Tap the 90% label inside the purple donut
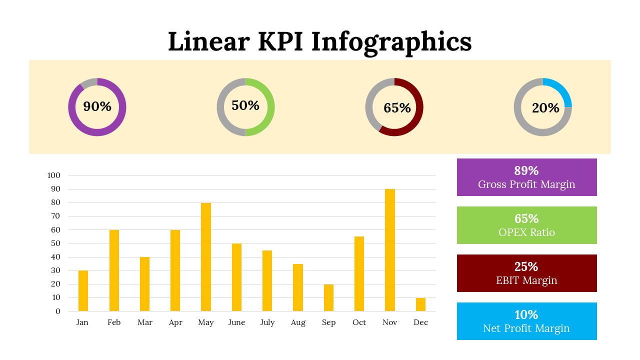coord(97,106)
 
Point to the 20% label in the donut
coord(545,108)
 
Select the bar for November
coord(390,250)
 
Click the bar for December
coord(420,304)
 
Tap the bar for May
coord(206,257)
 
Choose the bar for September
coord(328,297)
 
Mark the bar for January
coord(83,291)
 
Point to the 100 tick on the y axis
coord(53,175)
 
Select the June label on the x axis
coord(236,322)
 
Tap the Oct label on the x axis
coord(359,322)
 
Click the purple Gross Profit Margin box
coord(526,177)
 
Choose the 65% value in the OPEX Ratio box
coord(526,219)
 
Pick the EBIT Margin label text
coord(526,280)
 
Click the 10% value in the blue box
coord(526,315)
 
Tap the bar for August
coord(298,287)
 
